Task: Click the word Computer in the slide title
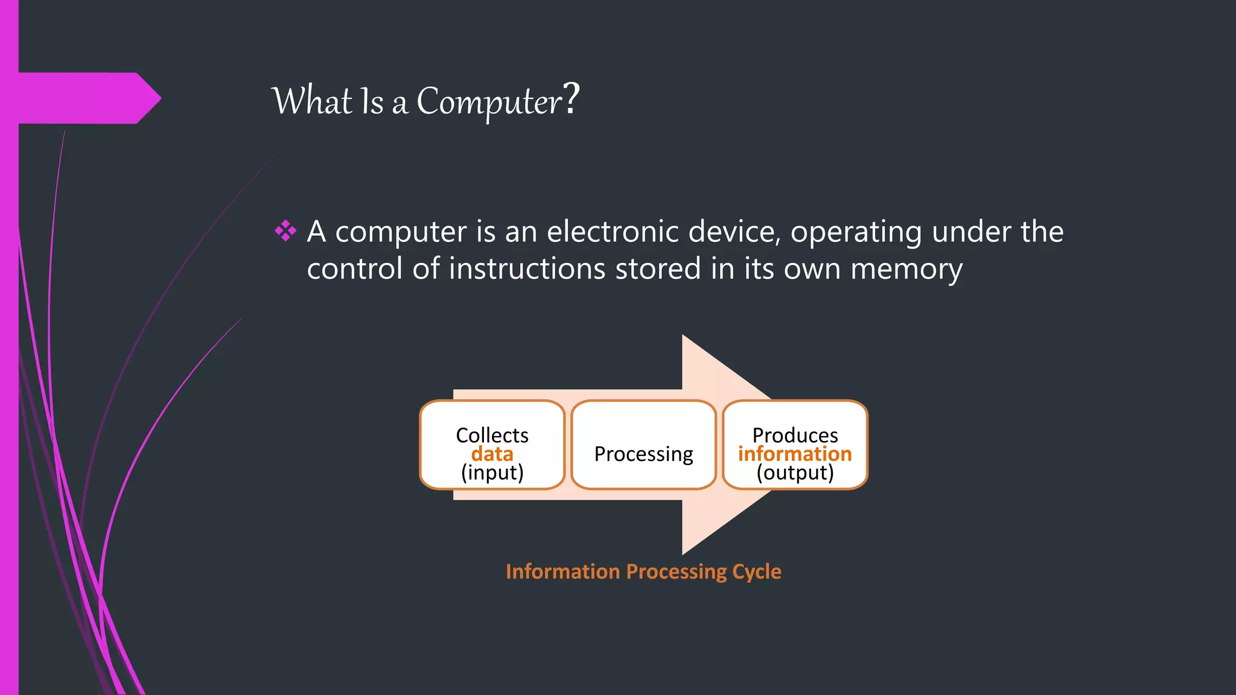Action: pyautogui.click(x=489, y=101)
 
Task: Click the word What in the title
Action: pyautogui.click(x=312, y=101)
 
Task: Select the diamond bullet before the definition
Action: pyautogui.click(x=285, y=231)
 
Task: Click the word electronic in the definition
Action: pyautogui.click(x=612, y=232)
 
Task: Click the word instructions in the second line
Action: pyautogui.click(x=527, y=268)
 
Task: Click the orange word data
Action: pyautogui.click(x=492, y=454)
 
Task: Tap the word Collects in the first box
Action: pyautogui.click(x=492, y=435)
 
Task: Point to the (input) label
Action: pyautogui.click(x=492, y=472)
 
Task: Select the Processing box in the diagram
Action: pyautogui.click(x=643, y=445)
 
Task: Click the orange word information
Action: pyautogui.click(x=795, y=454)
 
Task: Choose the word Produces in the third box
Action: pyautogui.click(x=795, y=435)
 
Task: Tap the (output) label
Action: pyautogui.click(x=795, y=472)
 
